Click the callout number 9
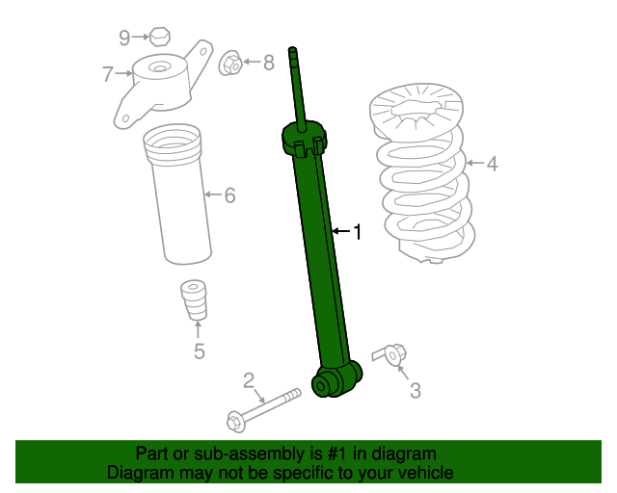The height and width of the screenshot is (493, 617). click(124, 39)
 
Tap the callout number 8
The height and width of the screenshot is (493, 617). click(269, 63)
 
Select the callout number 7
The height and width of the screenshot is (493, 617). click(108, 74)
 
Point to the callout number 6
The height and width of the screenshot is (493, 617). click(229, 195)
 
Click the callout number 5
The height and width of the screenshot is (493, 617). click(200, 351)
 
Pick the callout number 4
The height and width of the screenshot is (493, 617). click(493, 164)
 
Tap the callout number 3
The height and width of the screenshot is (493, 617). click(416, 391)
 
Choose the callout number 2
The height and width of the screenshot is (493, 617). click(249, 380)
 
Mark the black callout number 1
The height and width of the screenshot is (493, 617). click(358, 232)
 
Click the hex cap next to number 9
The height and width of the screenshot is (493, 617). click(160, 37)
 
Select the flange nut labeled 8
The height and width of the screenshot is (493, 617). click(230, 64)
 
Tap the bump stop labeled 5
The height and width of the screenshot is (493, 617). click(194, 300)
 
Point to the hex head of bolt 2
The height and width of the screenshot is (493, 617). click(236, 422)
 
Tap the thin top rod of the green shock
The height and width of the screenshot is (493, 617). click(298, 89)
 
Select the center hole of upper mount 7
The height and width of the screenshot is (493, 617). click(159, 68)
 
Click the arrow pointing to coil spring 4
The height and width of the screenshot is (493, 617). click(475, 163)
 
